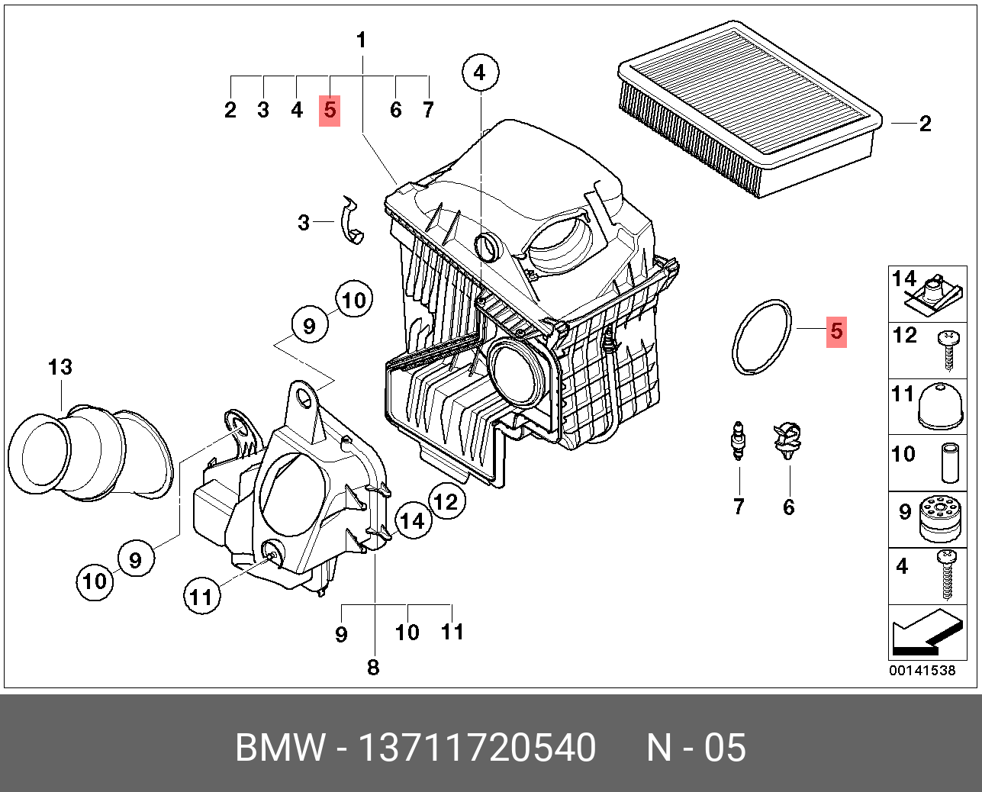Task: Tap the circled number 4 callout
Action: coord(479,72)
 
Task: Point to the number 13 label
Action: coord(60,367)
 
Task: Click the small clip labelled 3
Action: coord(350,221)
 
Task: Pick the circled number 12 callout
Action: coord(446,501)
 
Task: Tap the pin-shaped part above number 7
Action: coord(738,441)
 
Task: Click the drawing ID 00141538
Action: coord(922,671)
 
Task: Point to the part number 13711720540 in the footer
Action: coord(477,748)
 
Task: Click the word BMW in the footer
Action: coord(279,748)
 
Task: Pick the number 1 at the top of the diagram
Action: coord(362,40)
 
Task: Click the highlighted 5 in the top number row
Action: coord(330,110)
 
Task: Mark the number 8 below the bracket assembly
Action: coord(373,668)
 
